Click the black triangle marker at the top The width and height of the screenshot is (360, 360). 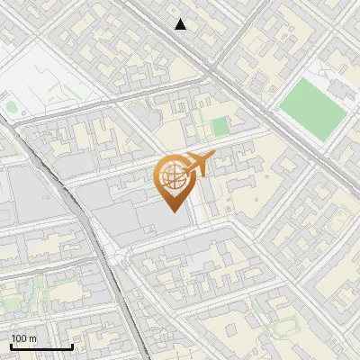181,24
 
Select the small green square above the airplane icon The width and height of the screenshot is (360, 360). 220,127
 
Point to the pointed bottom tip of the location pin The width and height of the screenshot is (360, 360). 171,210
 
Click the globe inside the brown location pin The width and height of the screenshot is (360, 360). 171,176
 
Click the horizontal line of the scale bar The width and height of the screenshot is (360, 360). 41,346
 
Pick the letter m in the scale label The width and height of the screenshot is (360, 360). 32,338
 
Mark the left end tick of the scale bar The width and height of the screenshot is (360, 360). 11,345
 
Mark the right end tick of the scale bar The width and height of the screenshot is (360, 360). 72,345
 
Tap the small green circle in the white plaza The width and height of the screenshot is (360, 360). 11,106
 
